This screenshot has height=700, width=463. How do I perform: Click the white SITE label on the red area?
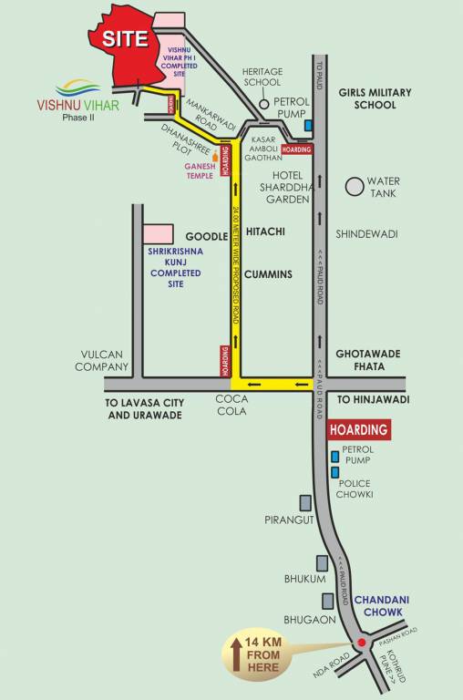point(125,38)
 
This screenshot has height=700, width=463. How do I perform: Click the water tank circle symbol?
point(355,186)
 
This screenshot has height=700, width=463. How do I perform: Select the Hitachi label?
point(264,232)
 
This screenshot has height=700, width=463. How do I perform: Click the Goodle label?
point(206,236)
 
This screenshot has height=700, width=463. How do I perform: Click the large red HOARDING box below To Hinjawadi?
point(358,429)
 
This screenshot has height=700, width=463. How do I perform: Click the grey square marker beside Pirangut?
point(306,502)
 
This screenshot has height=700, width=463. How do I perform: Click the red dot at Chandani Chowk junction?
point(362,643)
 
